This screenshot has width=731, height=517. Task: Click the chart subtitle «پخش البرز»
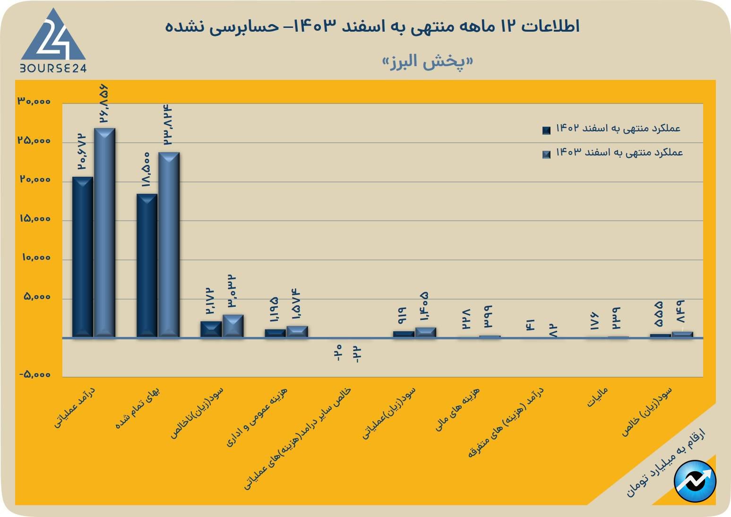point(428,61)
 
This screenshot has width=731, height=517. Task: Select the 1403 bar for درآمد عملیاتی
point(104,233)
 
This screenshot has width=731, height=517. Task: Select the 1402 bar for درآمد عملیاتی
point(82,257)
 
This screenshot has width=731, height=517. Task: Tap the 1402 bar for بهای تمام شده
point(147,266)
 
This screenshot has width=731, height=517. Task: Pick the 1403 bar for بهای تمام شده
point(169,245)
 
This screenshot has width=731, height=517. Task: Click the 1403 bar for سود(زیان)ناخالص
point(233,326)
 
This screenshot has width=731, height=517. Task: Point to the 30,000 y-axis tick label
point(34,102)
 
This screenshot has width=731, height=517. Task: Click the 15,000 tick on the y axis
point(34,219)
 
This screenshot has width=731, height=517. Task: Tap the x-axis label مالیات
point(597,397)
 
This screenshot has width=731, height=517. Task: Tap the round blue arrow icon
point(695,481)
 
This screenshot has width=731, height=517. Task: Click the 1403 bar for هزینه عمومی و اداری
point(297,331)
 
